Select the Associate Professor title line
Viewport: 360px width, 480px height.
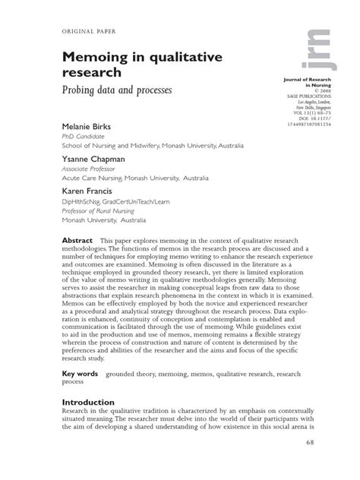[90, 171]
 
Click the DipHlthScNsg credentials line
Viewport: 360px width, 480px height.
[123, 204]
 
